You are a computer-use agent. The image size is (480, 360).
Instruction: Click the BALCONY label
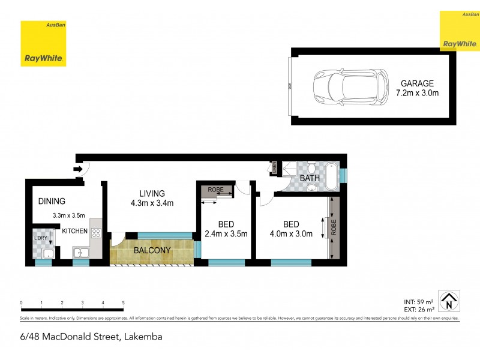[x=152, y=250]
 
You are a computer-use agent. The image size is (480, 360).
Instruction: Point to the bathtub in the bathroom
[x=329, y=177]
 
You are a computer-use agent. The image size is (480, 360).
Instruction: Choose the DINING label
[x=51, y=202]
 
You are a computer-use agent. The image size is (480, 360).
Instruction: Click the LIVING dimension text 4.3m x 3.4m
[x=152, y=203]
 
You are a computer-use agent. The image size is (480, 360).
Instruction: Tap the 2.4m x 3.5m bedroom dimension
[x=226, y=234]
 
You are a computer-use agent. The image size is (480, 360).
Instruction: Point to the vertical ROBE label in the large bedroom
[x=334, y=228]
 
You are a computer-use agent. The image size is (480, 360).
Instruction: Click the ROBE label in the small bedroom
[x=215, y=190]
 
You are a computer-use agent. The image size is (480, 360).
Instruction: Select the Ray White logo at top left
[x=43, y=44]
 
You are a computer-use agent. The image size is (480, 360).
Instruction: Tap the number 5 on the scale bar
[x=123, y=303]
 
